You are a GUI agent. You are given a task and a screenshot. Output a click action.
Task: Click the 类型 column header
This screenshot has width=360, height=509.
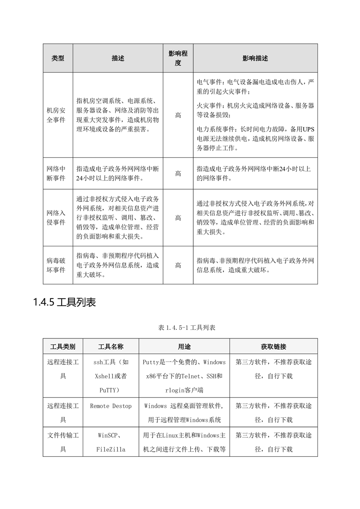(x=58, y=59)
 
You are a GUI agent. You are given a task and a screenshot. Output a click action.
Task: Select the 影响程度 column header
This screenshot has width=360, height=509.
(x=178, y=59)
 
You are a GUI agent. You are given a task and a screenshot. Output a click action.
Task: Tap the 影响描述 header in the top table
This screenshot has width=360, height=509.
(x=255, y=59)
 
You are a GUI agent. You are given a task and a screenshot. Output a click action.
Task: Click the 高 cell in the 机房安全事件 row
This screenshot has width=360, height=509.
(x=178, y=115)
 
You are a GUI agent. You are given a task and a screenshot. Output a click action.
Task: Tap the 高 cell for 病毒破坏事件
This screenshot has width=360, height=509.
(x=178, y=265)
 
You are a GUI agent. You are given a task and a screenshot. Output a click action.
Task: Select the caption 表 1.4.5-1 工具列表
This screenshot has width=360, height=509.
(x=180, y=328)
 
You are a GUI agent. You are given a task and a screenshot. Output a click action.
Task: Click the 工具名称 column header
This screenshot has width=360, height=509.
(x=111, y=347)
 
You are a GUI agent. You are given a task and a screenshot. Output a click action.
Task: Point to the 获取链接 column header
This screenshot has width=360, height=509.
(x=273, y=347)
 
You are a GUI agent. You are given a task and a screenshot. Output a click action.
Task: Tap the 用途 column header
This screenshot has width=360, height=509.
(x=184, y=347)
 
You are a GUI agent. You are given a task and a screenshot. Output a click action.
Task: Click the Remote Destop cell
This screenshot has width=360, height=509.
(x=111, y=406)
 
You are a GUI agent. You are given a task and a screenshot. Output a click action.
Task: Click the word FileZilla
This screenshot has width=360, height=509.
(x=111, y=450)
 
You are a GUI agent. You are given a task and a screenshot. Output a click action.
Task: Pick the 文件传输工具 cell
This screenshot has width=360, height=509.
(x=63, y=442)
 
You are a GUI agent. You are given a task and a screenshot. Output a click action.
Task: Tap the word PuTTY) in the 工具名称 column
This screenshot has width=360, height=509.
(x=111, y=390)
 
